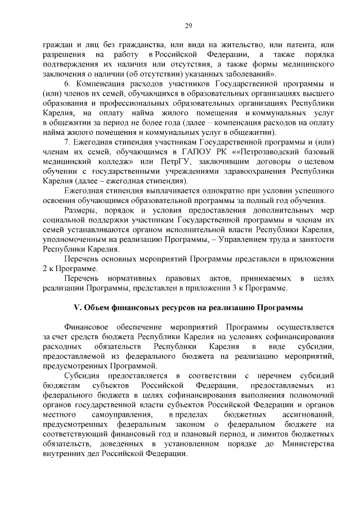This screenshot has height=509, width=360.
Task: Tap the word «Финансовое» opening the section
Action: pyautogui.click(x=87, y=327)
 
